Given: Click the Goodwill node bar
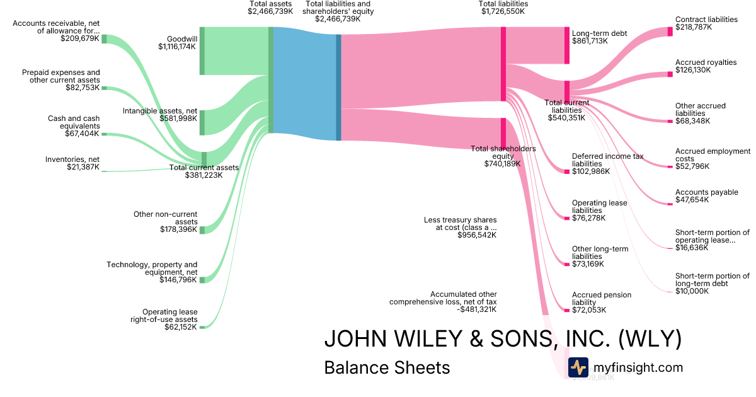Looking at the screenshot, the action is tap(202, 51).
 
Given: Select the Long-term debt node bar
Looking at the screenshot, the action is tap(566, 45).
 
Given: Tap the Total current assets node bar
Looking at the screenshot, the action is tap(203, 159).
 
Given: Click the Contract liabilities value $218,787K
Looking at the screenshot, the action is tap(694, 28).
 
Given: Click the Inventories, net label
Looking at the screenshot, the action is tap(72, 159).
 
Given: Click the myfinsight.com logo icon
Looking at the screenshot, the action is tap(578, 367).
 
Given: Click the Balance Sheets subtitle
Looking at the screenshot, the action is tap(387, 367).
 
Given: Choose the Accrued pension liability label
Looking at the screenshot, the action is tap(602, 299).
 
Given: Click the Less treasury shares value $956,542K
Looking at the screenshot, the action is tap(477, 235).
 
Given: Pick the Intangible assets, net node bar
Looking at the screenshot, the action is tap(202, 122).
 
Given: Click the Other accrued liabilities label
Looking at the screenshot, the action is tap(701, 110).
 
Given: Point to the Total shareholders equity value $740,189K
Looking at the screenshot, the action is tap(502, 164).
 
